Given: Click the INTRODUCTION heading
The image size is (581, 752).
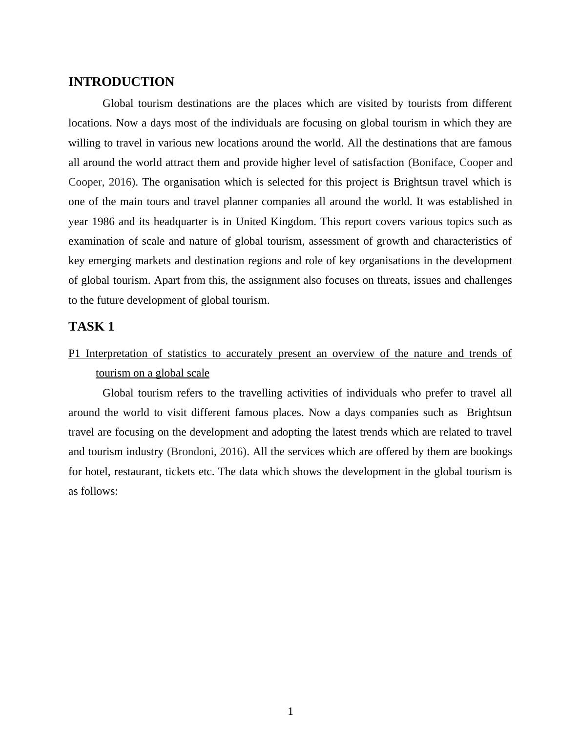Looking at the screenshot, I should (x=121, y=82).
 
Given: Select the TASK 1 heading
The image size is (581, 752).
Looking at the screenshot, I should (x=91, y=327).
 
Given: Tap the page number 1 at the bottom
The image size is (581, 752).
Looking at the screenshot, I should (x=290, y=711).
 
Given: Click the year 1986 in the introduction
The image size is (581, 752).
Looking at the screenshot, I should (x=103, y=222).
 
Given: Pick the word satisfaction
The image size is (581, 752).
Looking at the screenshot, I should (x=374, y=163).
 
